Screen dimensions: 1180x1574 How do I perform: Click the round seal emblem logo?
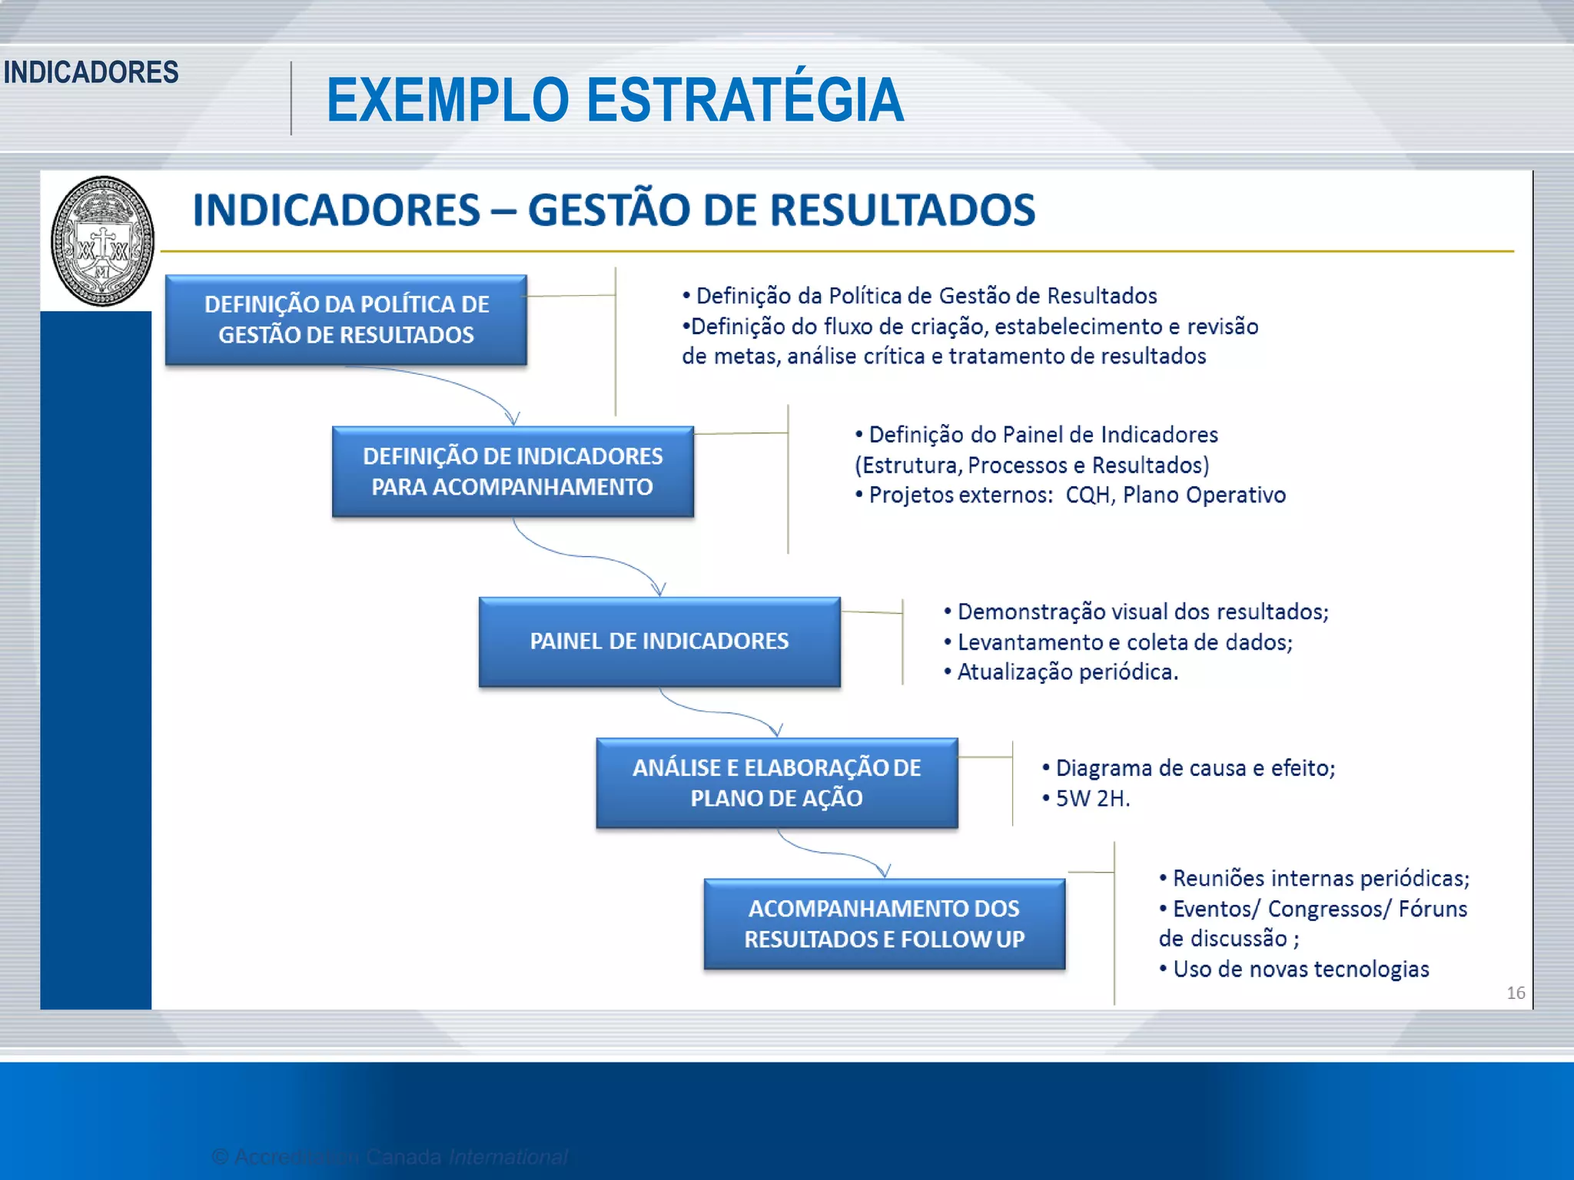(x=102, y=241)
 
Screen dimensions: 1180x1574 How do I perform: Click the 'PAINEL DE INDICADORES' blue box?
(x=659, y=641)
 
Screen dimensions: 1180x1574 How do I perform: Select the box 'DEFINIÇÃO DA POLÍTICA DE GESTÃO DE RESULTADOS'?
(x=346, y=320)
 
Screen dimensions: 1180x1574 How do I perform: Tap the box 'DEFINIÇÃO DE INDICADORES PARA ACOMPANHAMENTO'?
(x=513, y=472)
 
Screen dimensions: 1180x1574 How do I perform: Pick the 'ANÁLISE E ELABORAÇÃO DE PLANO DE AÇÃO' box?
(x=776, y=783)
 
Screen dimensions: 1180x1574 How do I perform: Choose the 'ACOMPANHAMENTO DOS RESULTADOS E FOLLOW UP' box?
(x=884, y=924)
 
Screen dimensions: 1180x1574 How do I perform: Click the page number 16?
(x=1516, y=993)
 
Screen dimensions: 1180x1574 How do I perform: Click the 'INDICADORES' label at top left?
(x=91, y=72)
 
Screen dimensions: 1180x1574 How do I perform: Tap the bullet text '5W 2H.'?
(x=1091, y=799)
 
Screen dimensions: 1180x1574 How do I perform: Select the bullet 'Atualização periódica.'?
(x=1067, y=672)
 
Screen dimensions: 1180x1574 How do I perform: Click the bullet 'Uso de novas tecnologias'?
(x=1300, y=970)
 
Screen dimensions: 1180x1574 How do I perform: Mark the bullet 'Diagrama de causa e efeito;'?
(x=1194, y=768)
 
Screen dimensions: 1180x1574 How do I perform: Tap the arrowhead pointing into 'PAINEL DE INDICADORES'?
(x=659, y=589)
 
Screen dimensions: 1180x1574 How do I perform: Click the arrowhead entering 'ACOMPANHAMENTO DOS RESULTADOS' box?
(x=885, y=870)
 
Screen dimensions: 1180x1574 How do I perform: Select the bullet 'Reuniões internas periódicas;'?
(x=1320, y=878)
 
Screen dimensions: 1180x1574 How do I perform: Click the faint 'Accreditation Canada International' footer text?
(x=390, y=1156)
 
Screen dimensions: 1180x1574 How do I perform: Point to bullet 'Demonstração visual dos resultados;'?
(x=1142, y=612)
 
